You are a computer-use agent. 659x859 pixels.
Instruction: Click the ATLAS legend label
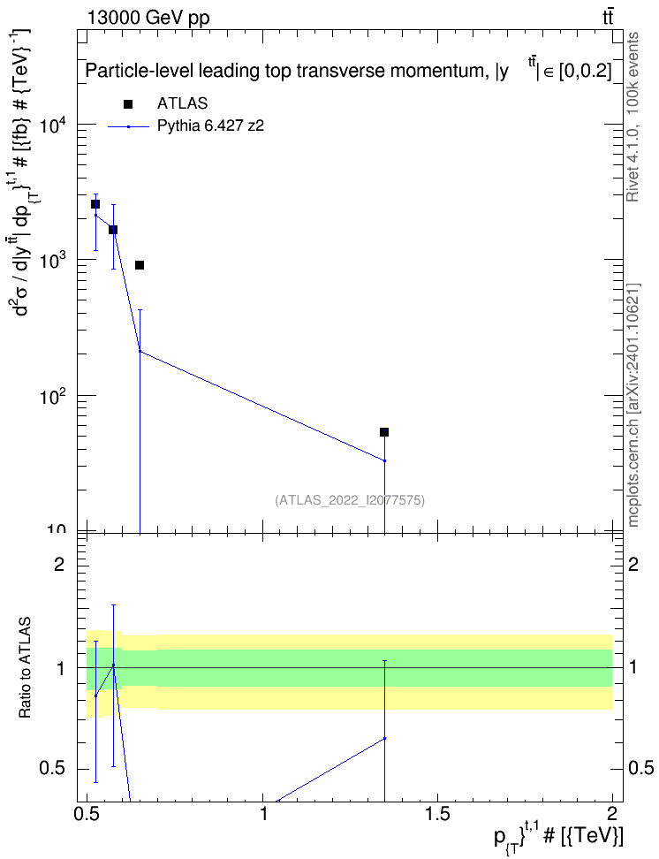182,103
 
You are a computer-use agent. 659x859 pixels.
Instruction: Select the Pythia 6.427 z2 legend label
211,126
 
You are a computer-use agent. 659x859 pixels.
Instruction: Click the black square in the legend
128,104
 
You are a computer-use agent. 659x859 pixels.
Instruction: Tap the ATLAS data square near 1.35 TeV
384,432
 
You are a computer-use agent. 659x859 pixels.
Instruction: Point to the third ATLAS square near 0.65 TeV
140,265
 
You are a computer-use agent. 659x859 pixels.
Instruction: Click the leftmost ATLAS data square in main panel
95,204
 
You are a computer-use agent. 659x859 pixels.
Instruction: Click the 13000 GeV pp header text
148,18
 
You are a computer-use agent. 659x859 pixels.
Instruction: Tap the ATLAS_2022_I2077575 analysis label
350,499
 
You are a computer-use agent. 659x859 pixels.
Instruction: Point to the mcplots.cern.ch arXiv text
632,406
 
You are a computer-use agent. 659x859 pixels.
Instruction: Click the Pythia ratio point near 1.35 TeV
384,738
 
